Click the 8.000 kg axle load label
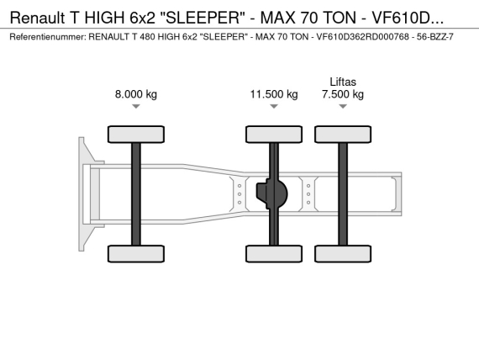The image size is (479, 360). (x=136, y=94)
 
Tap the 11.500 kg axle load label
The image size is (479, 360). (x=274, y=94)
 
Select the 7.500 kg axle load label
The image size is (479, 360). (x=343, y=94)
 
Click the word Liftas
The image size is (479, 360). (x=343, y=82)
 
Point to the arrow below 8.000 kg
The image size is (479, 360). (x=136, y=106)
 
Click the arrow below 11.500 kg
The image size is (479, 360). (x=274, y=106)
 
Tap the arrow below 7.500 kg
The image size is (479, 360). (x=343, y=106)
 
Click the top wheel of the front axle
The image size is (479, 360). (x=136, y=135)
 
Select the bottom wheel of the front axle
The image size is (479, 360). (x=136, y=253)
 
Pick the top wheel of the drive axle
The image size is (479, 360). (x=274, y=135)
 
